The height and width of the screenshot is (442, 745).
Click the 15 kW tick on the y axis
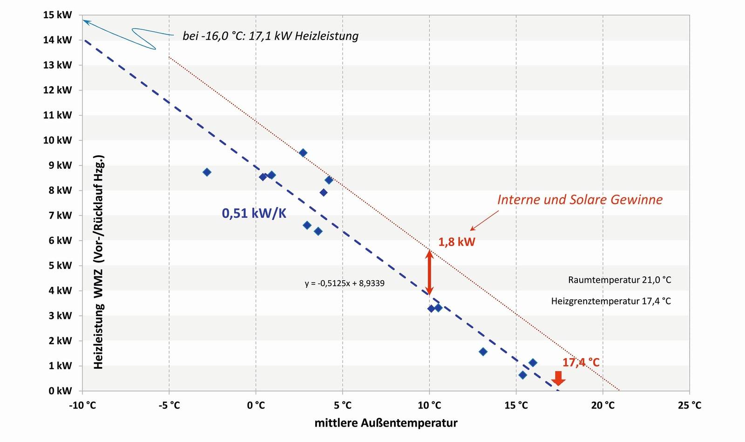(58, 15)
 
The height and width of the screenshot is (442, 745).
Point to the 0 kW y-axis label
(60, 391)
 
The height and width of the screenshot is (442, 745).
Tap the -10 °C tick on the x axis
(82, 405)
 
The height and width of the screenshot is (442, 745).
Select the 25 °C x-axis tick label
(689, 405)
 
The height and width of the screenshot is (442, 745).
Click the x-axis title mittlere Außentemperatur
(386, 423)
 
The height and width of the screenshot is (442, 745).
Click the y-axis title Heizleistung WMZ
(99, 262)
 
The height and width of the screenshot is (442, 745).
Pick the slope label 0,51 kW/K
(254, 214)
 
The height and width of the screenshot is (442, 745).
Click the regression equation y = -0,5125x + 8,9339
(345, 283)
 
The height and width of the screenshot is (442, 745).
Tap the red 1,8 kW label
(456, 242)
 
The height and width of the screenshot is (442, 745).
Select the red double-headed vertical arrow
(430, 273)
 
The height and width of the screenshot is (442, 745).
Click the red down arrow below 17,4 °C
(558, 378)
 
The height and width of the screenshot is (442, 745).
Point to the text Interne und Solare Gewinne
(580, 200)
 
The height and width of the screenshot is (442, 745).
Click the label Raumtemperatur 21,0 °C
(619, 280)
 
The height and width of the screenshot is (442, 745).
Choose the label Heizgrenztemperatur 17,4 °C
(611, 301)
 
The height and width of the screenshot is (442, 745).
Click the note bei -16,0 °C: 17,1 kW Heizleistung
(271, 36)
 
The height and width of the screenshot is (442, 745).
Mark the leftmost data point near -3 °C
(207, 172)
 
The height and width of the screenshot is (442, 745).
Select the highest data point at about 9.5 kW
(303, 153)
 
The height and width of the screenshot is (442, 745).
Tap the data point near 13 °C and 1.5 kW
(483, 352)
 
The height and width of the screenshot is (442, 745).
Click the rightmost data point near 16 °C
(533, 363)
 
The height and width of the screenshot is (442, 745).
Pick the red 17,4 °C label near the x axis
(581, 362)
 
